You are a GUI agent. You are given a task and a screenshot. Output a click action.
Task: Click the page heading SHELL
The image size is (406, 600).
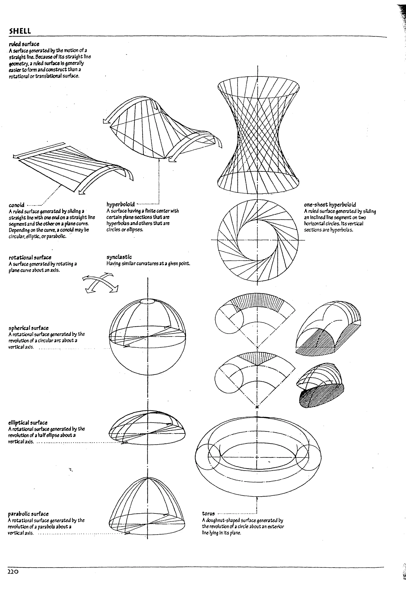[20, 31]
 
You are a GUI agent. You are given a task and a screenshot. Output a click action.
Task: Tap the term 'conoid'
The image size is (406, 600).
[16, 205]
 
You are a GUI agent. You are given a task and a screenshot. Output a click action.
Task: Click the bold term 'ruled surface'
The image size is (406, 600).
[24, 44]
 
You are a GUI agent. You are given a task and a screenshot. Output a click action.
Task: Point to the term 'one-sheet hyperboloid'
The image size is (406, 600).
[330, 205]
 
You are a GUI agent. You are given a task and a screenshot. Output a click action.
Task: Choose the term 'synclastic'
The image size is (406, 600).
[119, 257]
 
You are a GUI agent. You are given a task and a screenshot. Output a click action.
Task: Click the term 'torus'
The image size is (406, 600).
[208, 514]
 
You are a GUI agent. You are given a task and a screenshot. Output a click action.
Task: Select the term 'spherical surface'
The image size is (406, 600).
[28, 328]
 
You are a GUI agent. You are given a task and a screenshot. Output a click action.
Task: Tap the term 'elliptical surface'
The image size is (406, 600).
[28, 423]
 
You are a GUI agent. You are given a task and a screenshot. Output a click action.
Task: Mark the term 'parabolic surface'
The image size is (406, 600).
[28, 514]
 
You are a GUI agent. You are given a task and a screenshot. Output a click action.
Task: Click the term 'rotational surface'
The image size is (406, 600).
[30, 257]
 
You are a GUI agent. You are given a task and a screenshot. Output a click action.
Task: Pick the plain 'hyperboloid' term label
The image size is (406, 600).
[121, 204]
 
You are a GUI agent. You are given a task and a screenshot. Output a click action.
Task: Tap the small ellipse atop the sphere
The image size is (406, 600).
[147, 302]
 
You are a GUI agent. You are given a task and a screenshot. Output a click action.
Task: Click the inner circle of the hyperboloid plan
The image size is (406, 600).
[257, 240]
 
